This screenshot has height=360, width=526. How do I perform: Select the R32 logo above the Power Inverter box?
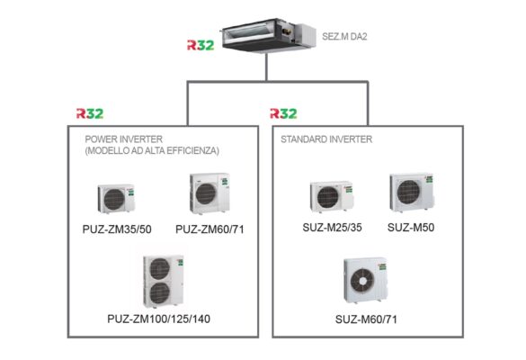click(x=89, y=114)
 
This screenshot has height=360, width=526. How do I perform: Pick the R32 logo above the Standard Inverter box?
click(x=284, y=114)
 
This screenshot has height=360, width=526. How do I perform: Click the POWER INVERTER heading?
click(x=118, y=139)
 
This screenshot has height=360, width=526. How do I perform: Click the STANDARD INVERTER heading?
click(x=326, y=139)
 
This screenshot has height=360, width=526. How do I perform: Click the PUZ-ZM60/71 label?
click(x=210, y=229)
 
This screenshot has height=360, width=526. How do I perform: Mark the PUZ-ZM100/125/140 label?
click(x=162, y=319)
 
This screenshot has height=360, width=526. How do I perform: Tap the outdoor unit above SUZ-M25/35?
click(x=330, y=196)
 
